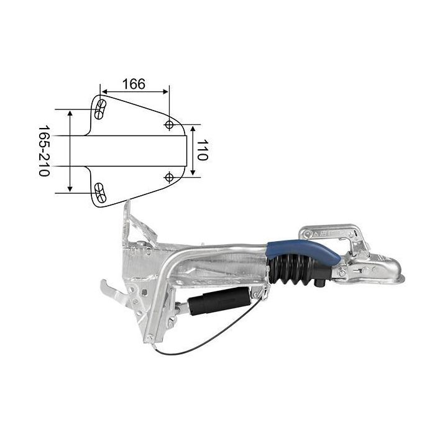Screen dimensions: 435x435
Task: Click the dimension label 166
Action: pyautogui.click(x=134, y=84)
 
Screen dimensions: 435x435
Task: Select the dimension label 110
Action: pyautogui.click(x=202, y=150)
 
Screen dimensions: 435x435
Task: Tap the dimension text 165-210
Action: pyautogui.click(x=44, y=151)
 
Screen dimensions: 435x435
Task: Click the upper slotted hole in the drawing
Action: pyautogui.click(x=100, y=109)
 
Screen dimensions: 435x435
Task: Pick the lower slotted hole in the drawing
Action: pyautogui.click(x=100, y=193)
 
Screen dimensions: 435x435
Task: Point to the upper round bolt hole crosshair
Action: pyautogui.click(x=169, y=124)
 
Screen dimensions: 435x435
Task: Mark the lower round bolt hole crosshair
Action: pyautogui.click(x=169, y=177)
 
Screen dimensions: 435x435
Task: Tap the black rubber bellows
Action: pyautogui.click(x=294, y=268)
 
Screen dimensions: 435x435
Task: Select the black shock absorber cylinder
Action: pyautogui.click(x=219, y=301)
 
